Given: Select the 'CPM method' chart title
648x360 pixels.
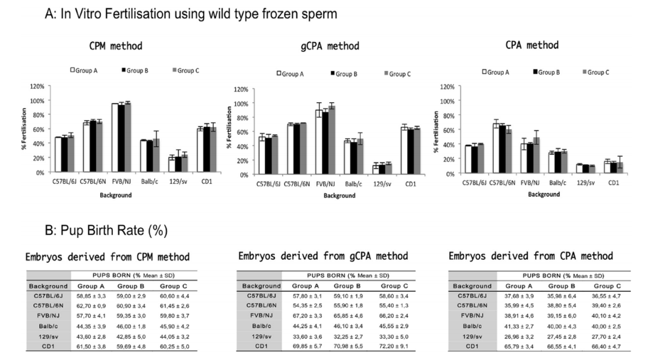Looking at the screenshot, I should click(115, 46).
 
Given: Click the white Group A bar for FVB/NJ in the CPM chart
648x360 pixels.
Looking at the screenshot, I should click(114, 137).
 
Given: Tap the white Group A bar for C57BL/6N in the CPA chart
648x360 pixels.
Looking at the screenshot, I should click(497, 148).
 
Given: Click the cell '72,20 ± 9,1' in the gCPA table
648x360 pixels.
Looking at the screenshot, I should click(384, 346).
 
